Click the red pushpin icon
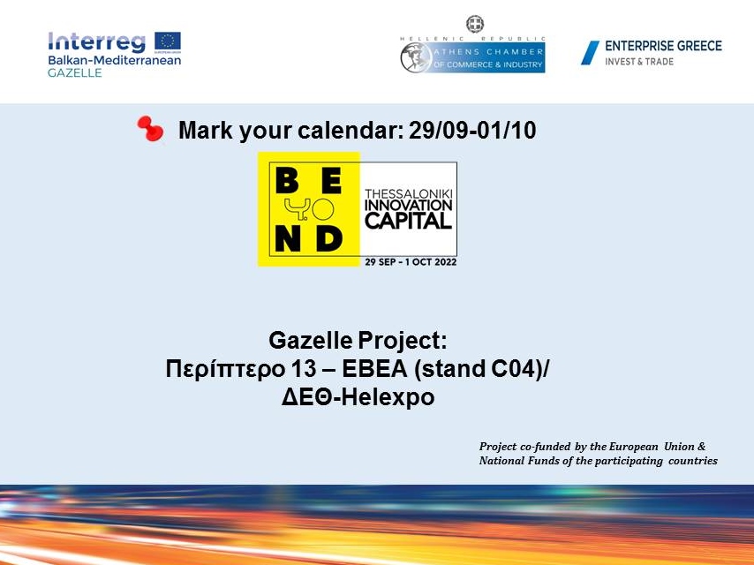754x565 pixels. point(150,129)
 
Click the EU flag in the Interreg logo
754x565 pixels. point(168,41)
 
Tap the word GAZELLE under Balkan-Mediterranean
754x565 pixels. point(74,73)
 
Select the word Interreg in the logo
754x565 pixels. point(96,41)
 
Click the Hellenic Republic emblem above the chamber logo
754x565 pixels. point(475,24)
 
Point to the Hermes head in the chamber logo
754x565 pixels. point(417,57)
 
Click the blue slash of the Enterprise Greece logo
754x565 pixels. point(590,52)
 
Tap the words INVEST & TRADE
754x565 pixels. point(639,62)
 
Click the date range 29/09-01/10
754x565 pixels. point(472,131)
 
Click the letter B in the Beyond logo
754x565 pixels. point(288,181)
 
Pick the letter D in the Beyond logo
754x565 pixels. point(330,238)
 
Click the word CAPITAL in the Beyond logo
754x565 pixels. point(408,222)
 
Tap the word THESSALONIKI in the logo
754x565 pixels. point(409,193)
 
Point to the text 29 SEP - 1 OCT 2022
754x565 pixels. point(411,262)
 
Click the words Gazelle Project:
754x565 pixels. point(358,340)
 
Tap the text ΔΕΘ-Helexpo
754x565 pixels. point(358,397)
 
